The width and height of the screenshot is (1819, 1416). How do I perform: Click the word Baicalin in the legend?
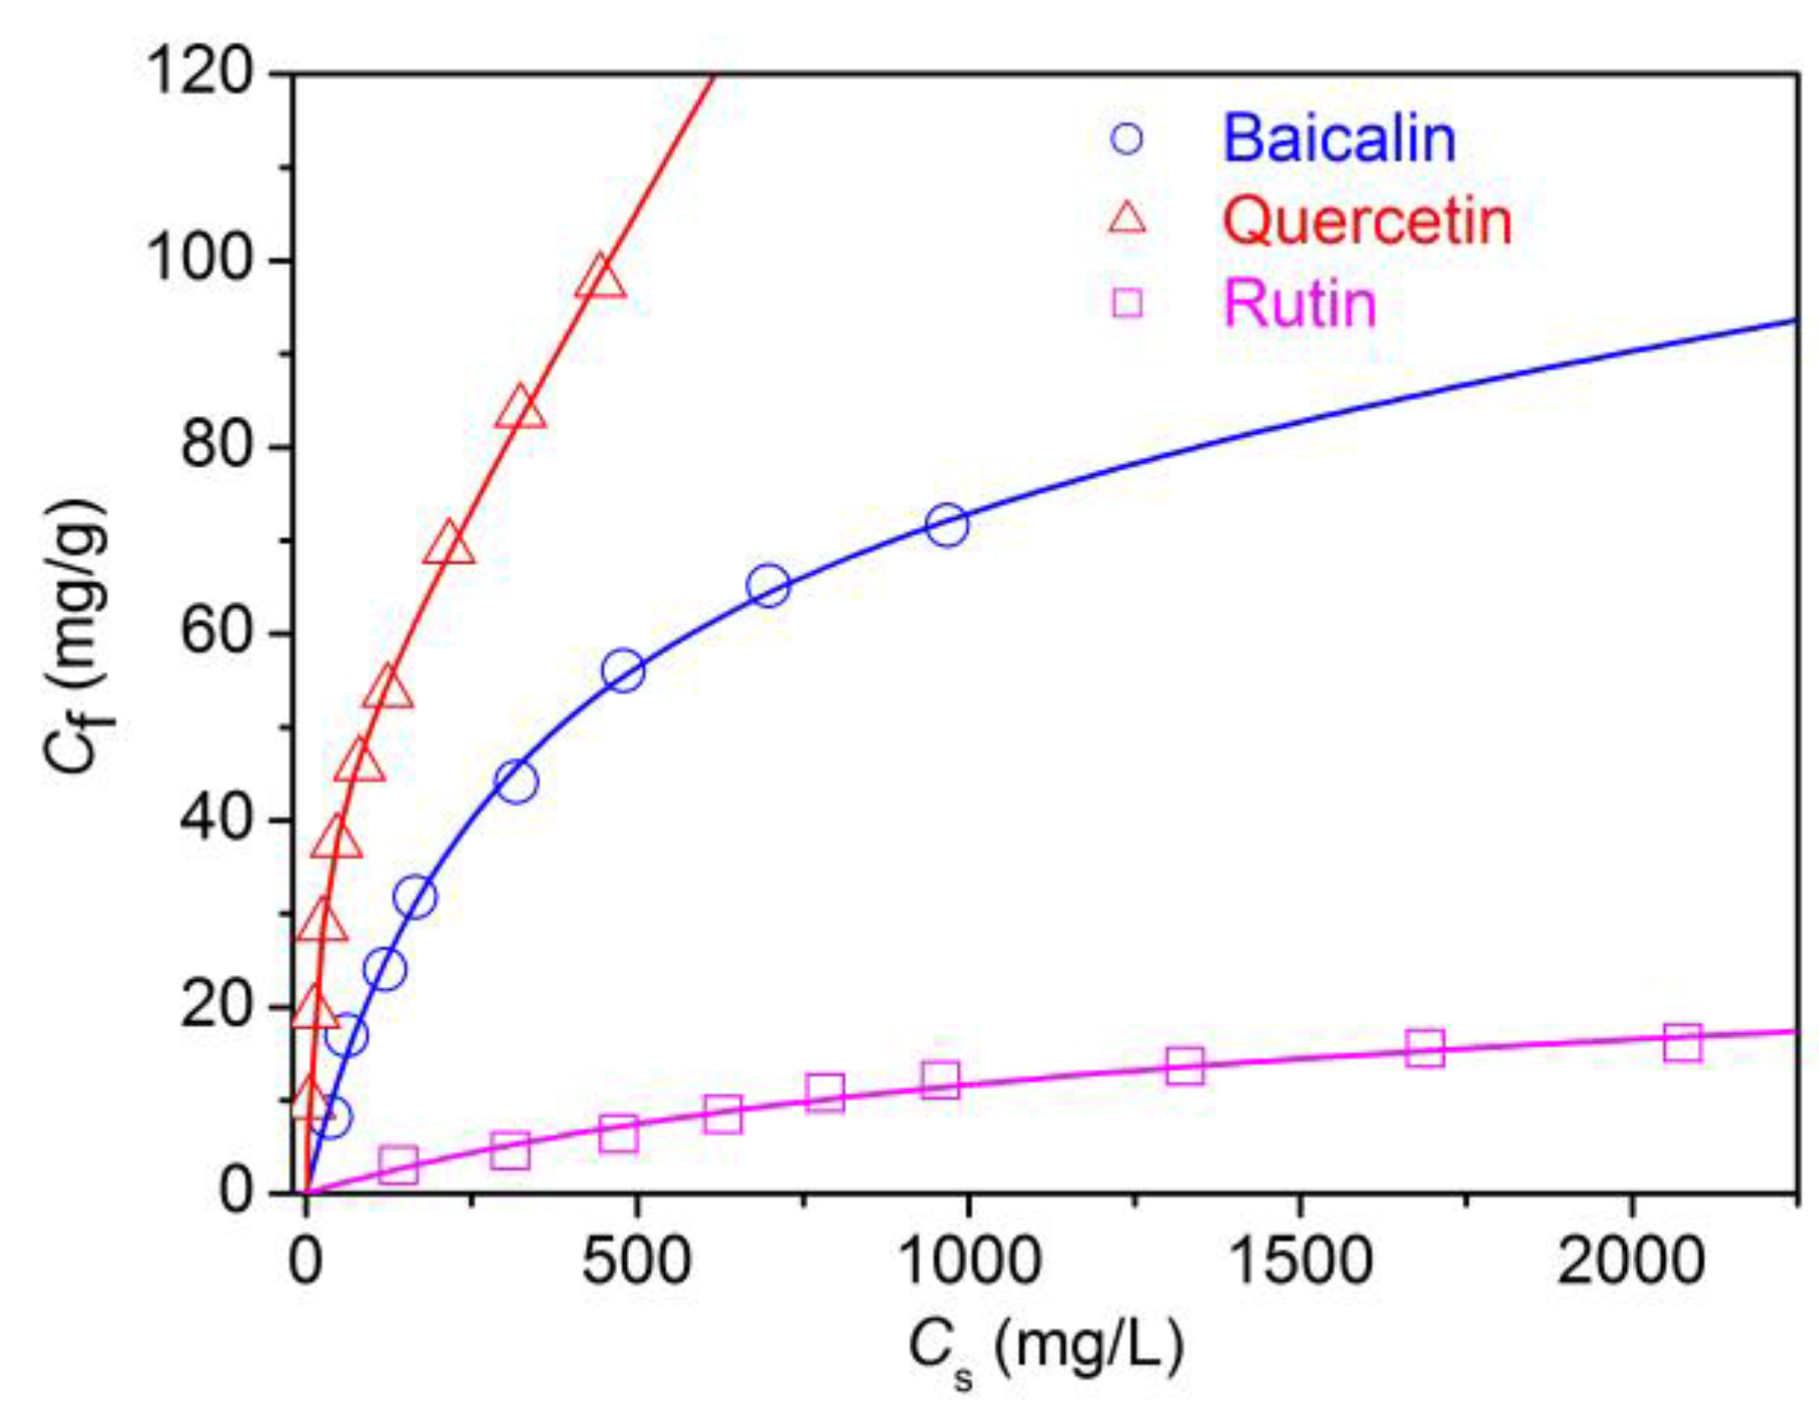1338,138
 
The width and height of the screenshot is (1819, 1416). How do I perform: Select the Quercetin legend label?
1366,220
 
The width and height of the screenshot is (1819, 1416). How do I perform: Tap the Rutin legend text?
1300,304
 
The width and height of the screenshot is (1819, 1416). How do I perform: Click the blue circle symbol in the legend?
1127,138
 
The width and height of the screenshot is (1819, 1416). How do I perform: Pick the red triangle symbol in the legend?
1127,217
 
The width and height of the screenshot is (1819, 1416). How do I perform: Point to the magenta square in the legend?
1127,303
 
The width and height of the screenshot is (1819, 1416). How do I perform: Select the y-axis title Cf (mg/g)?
78,637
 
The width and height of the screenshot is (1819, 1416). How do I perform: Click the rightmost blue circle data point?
946,525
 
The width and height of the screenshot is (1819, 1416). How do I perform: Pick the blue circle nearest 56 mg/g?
623,671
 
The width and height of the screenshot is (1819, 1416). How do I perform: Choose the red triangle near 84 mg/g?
520,409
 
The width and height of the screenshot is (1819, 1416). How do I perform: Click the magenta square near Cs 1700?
1425,1048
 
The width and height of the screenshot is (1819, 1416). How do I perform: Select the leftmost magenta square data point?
399,1163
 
